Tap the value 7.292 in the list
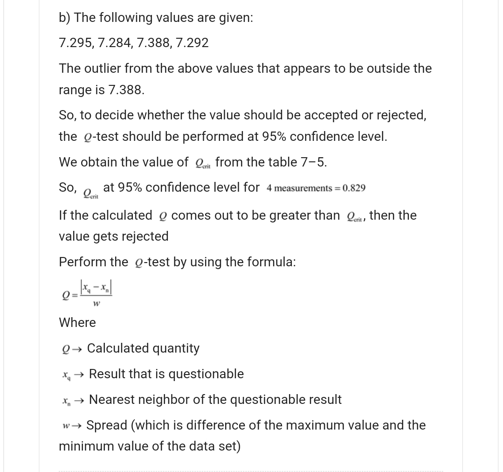[192, 43]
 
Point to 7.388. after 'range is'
[126, 90]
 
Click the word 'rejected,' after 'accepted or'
[401, 115]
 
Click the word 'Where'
[77, 323]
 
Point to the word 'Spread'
[107, 425]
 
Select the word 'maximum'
[322, 425]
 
